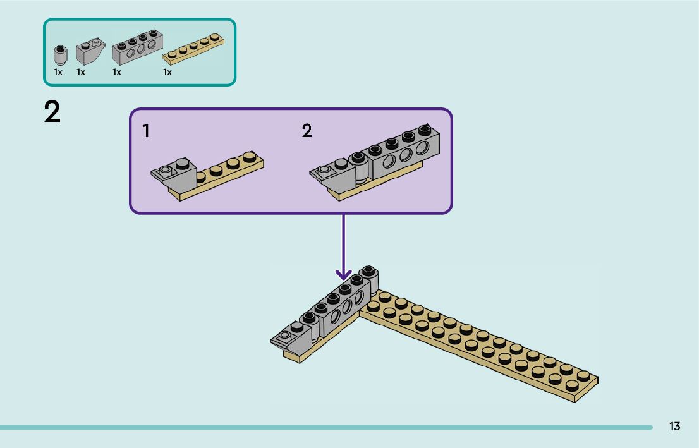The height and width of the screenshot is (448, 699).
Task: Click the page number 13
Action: pos(674,427)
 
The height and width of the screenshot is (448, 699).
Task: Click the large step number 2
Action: pos(52,112)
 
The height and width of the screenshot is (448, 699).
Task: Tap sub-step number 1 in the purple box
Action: pos(146,131)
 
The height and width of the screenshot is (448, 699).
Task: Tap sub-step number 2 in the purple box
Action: pos(307,131)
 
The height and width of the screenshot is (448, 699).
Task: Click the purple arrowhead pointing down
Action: pos(343,274)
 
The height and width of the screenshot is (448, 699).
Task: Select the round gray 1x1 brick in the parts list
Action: pos(61,56)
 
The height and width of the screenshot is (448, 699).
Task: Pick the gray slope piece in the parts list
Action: pos(90,52)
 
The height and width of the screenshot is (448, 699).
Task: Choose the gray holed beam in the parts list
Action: pos(137,47)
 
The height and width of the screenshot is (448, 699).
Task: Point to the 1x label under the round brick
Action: pos(58,72)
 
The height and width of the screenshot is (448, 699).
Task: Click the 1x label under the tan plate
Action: pos(167,72)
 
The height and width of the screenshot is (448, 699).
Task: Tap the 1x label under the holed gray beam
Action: pos(117,72)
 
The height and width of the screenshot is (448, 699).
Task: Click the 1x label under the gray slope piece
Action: pos(81,72)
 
